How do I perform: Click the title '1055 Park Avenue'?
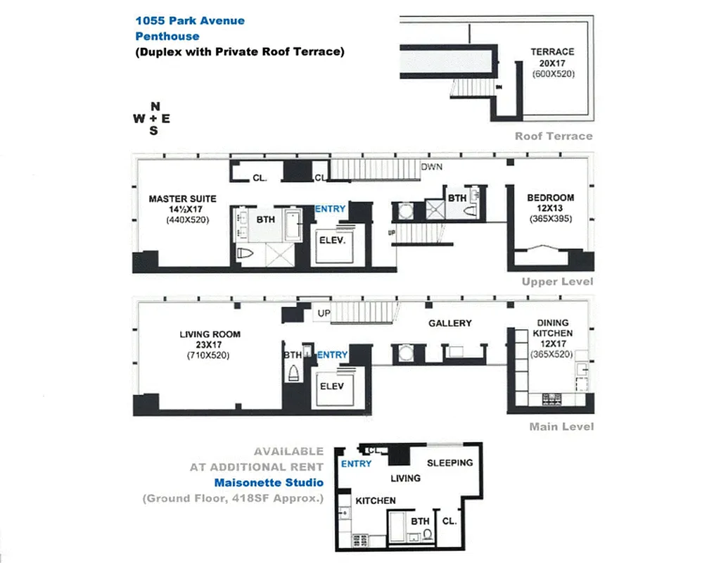point(190,20)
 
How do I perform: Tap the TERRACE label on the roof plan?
point(552,51)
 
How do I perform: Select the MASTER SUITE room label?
point(182,199)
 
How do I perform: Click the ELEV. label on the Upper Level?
point(334,241)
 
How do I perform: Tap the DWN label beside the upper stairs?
point(431,167)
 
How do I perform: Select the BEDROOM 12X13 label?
point(550,198)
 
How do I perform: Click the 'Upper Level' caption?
point(558,281)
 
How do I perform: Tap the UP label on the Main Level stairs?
point(324,313)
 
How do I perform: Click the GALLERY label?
point(450,323)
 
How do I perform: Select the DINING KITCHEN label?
point(552,328)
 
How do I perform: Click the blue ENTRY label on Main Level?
point(332,355)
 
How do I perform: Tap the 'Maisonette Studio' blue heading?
point(269,483)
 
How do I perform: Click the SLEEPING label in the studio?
point(450,463)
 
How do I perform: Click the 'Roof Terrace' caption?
point(554,136)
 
